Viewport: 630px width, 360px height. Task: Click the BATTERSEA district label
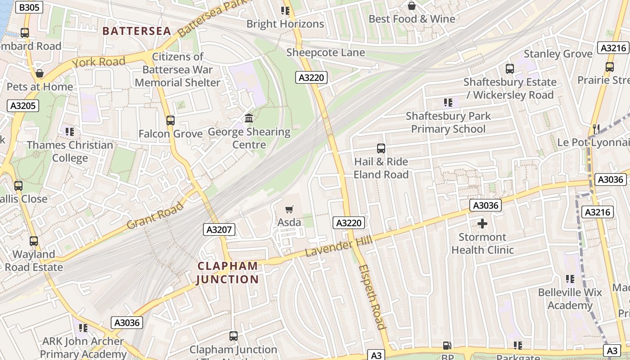[x=137, y=31]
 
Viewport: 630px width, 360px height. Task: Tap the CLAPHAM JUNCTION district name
[x=228, y=273]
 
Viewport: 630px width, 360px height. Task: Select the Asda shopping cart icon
[x=289, y=209]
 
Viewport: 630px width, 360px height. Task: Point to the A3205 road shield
[x=23, y=106]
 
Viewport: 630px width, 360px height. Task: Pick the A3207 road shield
[x=219, y=229]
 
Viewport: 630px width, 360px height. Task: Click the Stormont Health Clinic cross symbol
[x=482, y=224]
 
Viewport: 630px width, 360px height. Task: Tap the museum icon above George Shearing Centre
[x=249, y=118]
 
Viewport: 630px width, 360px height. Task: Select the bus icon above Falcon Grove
[x=170, y=121]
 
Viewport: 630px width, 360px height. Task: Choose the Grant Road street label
[x=155, y=216]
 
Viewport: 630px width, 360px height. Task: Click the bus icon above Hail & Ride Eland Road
[x=381, y=148]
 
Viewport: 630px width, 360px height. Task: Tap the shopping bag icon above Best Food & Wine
[x=411, y=6]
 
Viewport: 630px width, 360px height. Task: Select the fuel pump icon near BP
[x=447, y=346]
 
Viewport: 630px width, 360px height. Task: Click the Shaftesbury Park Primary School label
[x=448, y=122]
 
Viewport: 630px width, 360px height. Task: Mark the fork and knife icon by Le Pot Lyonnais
[x=596, y=129]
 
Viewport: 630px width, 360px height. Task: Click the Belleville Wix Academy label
[x=570, y=299]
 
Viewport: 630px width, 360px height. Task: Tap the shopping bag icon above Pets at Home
[x=40, y=73]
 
